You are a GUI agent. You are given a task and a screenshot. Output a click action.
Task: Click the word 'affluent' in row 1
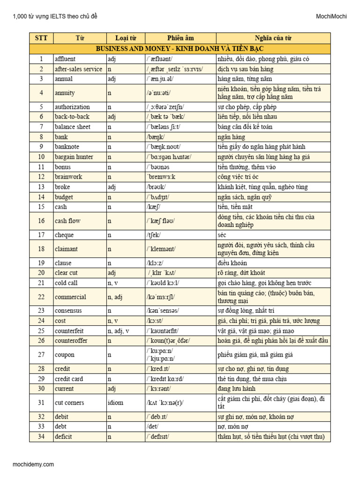[65, 59]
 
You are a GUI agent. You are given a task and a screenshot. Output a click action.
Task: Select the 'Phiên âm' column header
[180, 38]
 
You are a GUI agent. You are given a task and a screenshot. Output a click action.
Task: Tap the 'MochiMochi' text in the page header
[331, 17]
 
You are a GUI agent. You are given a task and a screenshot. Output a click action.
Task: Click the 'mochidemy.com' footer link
[33, 465]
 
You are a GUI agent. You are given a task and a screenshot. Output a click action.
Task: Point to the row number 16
[41, 221]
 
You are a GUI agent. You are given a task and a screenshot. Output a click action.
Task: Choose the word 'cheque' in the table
[64, 234]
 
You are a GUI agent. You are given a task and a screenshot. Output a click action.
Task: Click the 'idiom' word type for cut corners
[115, 403]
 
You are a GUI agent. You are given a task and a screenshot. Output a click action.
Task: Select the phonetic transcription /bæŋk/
[155, 137]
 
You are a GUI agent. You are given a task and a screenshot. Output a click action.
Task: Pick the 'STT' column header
[41, 38]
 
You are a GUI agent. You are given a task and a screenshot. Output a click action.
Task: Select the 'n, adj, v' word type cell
[118, 330]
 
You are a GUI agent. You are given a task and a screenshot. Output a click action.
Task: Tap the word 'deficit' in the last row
[64, 437]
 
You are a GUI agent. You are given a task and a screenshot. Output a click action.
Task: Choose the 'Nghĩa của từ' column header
[273, 38]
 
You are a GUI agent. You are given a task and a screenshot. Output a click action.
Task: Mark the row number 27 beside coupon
[41, 354]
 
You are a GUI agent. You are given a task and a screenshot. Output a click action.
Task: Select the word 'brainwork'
[69, 177]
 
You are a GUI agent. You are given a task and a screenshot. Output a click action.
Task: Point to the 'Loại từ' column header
[126, 38]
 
